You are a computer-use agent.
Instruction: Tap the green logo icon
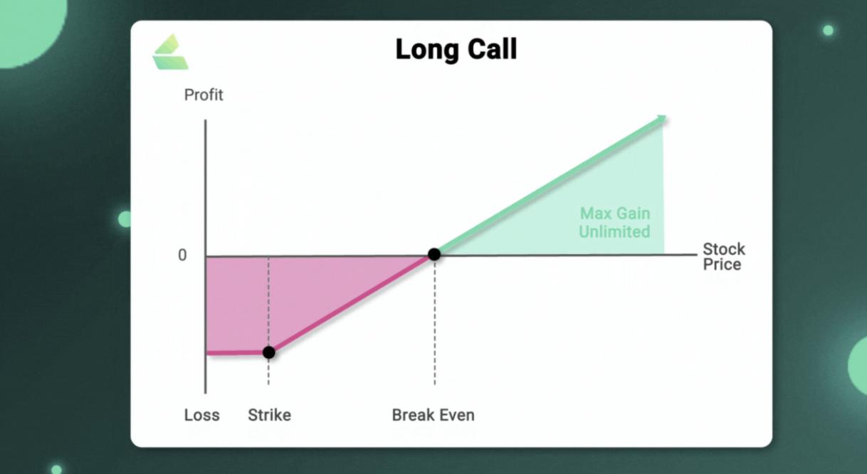(x=170, y=52)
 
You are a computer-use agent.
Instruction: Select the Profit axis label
(x=204, y=95)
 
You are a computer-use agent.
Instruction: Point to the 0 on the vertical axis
(x=182, y=255)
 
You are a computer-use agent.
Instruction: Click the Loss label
(x=201, y=415)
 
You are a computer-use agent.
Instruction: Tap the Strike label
(x=269, y=415)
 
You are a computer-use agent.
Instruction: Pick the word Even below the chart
(x=456, y=415)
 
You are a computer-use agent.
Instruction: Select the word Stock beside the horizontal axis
(x=724, y=249)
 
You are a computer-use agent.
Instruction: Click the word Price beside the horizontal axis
(x=722, y=265)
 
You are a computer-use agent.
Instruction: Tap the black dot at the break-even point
(x=434, y=254)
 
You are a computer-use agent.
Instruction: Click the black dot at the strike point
(x=268, y=352)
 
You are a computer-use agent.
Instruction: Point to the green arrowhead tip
(x=666, y=116)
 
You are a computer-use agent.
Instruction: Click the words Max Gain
(x=614, y=214)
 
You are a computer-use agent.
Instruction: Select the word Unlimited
(x=614, y=232)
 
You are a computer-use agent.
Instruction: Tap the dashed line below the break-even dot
(x=435, y=323)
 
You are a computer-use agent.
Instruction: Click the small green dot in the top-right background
(x=828, y=30)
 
